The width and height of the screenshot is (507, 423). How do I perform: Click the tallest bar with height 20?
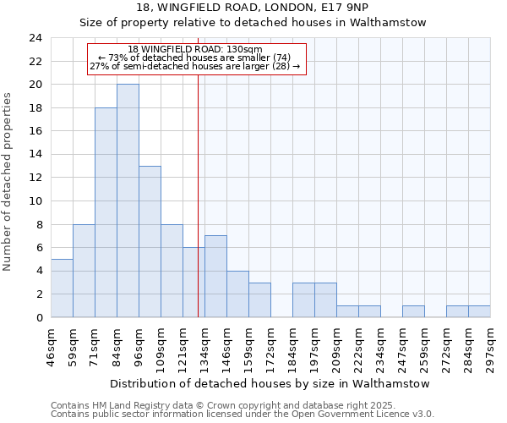coord(128,201)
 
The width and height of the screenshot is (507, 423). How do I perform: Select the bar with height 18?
coord(106,212)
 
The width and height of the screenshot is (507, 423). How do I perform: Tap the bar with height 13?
coord(150,241)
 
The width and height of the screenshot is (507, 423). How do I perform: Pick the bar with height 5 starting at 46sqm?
coord(62,288)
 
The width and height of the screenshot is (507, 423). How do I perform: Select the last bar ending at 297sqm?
coord(479,311)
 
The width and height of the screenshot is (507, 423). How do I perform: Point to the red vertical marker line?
coord(198,195)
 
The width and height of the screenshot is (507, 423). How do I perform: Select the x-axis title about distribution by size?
coord(270,383)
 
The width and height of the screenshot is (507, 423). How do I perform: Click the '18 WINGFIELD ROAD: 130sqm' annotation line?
coord(195,49)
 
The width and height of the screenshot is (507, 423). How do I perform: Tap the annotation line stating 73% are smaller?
coord(195,58)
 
